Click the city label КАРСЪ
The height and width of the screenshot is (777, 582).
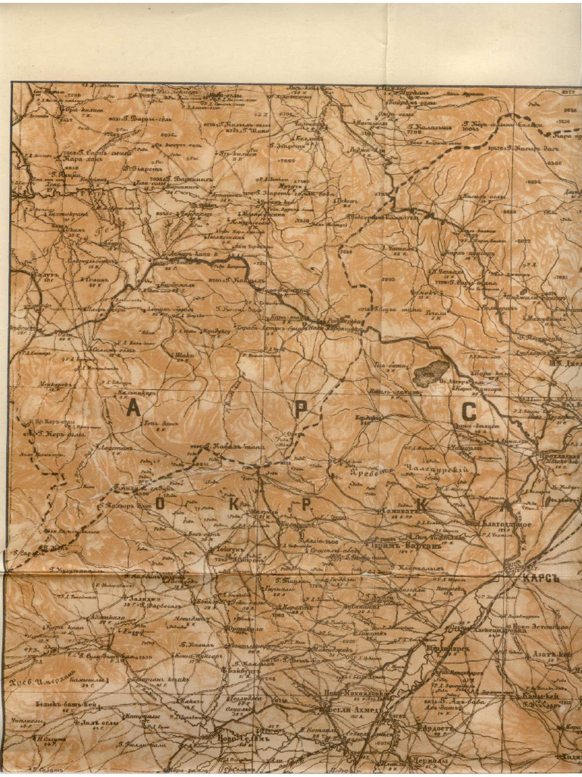539,577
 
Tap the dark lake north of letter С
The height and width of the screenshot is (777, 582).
431,373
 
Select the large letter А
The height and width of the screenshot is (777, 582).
133,410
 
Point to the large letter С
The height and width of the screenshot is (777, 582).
469,412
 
